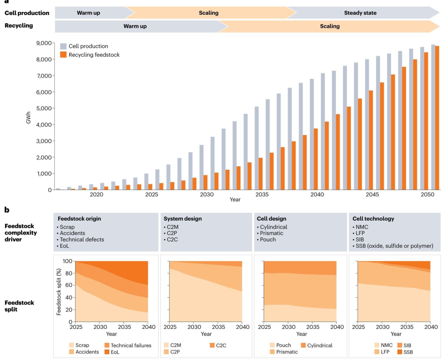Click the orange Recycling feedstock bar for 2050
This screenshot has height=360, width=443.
[437, 118]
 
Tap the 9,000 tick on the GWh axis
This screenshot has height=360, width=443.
[44, 43]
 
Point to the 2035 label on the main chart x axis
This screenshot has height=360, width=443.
[262, 194]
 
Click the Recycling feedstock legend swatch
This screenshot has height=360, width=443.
[63, 55]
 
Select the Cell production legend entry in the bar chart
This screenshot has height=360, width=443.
[84, 46]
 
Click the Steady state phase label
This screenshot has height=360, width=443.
[360, 13]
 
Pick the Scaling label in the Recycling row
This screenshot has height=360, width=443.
[330, 26]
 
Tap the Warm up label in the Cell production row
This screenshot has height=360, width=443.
[89, 13]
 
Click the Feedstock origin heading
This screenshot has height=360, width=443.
[79, 219]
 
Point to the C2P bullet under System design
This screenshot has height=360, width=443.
[171, 233]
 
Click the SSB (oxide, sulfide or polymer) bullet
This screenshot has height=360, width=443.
[393, 246]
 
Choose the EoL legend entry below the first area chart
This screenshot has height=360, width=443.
[112, 352]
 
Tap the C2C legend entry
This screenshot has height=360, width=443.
[218, 345]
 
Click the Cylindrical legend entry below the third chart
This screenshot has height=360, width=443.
[316, 345]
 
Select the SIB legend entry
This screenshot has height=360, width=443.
[404, 345]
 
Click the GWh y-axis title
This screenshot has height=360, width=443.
[28, 117]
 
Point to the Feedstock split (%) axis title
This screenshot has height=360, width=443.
[59, 292]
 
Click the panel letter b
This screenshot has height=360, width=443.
[7, 210]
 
